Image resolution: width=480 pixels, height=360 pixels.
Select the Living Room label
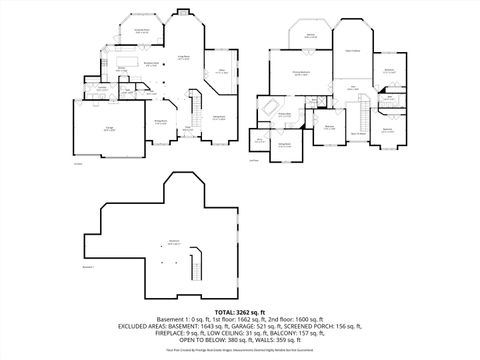184,59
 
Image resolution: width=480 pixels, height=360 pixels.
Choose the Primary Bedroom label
300,73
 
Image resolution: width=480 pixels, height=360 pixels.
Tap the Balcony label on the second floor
311,35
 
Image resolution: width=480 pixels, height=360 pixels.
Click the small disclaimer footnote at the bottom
240,350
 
